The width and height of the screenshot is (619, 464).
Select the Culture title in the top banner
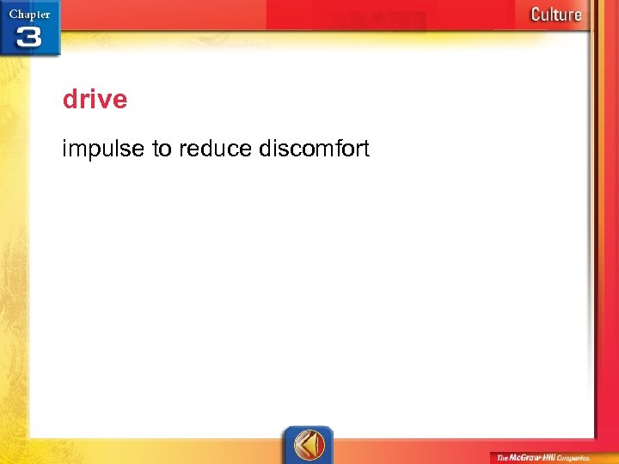pyautogui.click(x=555, y=15)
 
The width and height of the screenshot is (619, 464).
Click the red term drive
pyautogui.click(x=95, y=100)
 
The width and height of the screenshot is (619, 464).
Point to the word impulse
pyautogui.click(x=104, y=150)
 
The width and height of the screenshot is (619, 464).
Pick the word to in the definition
pyautogui.click(x=162, y=150)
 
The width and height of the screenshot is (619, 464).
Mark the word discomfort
pyautogui.click(x=313, y=150)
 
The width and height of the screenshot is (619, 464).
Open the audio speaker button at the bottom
pyautogui.click(x=309, y=444)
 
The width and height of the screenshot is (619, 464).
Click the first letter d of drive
pyautogui.click(x=70, y=100)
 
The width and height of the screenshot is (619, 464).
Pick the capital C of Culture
pyautogui.click(x=536, y=15)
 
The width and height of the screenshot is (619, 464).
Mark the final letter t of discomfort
pyautogui.click(x=365, y=150)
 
